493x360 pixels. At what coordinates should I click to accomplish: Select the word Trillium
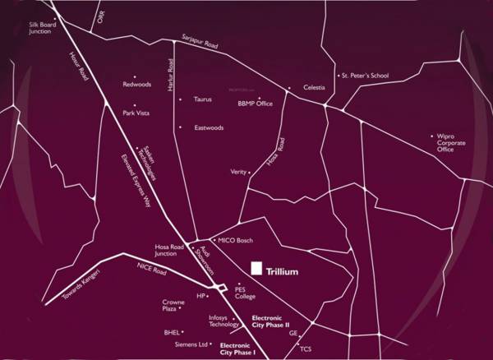pos(282,271)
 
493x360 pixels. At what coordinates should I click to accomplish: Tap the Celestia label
pos(315,86)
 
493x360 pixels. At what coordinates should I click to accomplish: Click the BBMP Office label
pos(255,104)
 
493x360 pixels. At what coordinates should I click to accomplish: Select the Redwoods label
pos(137,84)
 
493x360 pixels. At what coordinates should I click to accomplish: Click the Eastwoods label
pos(210,127)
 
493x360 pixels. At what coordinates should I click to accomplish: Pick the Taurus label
pos(203,99)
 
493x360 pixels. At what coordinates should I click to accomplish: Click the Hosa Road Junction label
pos(171,250)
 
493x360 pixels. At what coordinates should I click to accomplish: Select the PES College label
pos(246,293)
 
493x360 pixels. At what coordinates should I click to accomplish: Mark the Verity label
pos(238,172)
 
